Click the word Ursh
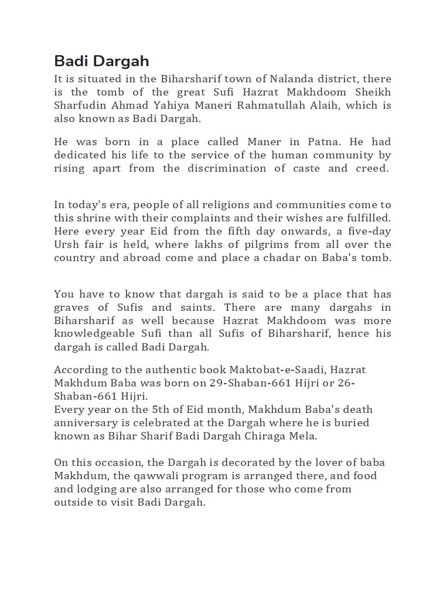(x=67, y=244)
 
